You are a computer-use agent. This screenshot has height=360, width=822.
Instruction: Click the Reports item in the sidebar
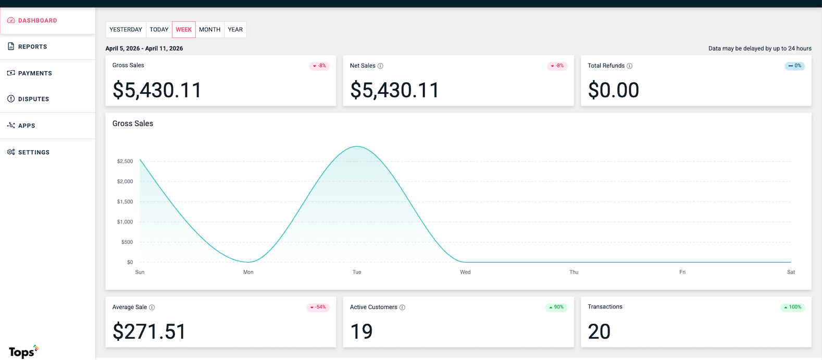pyautogui.click(x=32, y=47)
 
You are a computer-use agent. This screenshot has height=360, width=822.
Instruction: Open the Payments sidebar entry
pyautogui.click(x=34, y=73)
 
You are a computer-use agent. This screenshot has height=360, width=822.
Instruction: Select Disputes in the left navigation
pyautogui.click(x=33, y=99)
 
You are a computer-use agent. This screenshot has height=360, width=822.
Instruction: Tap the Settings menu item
pyautogui.click(x=33, y=152)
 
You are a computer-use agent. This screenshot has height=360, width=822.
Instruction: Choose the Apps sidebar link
pyautogui.click(x=26, y=126)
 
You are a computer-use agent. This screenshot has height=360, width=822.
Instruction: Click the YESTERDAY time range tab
pyautogui.click(x=126, y=30)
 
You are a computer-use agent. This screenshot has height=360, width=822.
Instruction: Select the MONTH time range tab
pyautogui.click(x=209, y=30)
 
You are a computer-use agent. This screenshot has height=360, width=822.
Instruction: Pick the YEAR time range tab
pyautogui.click(x=235, y=30)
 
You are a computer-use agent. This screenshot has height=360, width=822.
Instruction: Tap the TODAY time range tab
pyautogui.click(x=159, y=30)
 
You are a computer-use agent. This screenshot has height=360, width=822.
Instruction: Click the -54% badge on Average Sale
pyautogui.click(x=318, y=307)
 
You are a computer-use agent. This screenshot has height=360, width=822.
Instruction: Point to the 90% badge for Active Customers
pyautogui.click(x=556, y=307)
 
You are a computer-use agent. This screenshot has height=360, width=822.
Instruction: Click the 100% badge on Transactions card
pyautogui.click(x=792, y=307)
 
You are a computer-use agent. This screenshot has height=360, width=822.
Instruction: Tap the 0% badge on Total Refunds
pyautogui.click(x=794, y=66)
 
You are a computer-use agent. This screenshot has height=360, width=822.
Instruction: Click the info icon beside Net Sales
pyautogui.click(x=380, y=66)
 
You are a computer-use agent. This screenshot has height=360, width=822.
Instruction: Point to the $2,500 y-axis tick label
pyautogui.click(x=125, y=162)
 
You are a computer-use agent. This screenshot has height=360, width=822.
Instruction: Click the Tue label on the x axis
pyautogui.click(x=357, y=272)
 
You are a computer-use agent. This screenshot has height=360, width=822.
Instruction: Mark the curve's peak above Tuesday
pyautogui.click(x=357, y=146)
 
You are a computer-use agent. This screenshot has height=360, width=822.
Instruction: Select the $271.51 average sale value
pyautogui.click(x=149, y=332)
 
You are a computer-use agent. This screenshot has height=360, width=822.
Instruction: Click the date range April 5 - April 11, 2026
pyautogui.click(x=144, y=48)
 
